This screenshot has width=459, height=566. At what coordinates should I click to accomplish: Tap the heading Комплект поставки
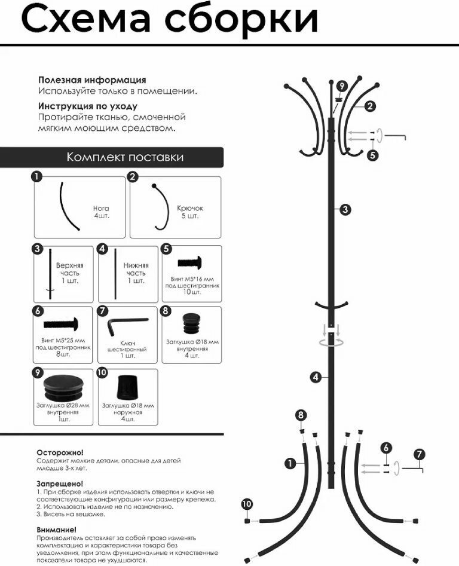[125, 157]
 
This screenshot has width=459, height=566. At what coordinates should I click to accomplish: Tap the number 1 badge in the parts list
[38, 176]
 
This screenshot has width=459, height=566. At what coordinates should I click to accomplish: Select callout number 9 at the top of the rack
[341, 86]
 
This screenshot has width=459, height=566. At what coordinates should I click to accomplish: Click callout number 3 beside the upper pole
[345, 209]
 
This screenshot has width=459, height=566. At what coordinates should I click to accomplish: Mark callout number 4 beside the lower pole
[315, 377]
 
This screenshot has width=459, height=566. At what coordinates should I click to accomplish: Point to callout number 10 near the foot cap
[247, 504]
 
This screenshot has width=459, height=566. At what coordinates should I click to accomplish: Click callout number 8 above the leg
[301, 415]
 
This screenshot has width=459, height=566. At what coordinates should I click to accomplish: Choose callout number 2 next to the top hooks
[370, 106]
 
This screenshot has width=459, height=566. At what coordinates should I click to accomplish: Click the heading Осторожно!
[60, 452]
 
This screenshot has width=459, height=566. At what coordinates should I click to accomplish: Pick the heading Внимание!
[57, 529]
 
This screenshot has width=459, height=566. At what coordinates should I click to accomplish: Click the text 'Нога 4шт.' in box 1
[101, 212]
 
